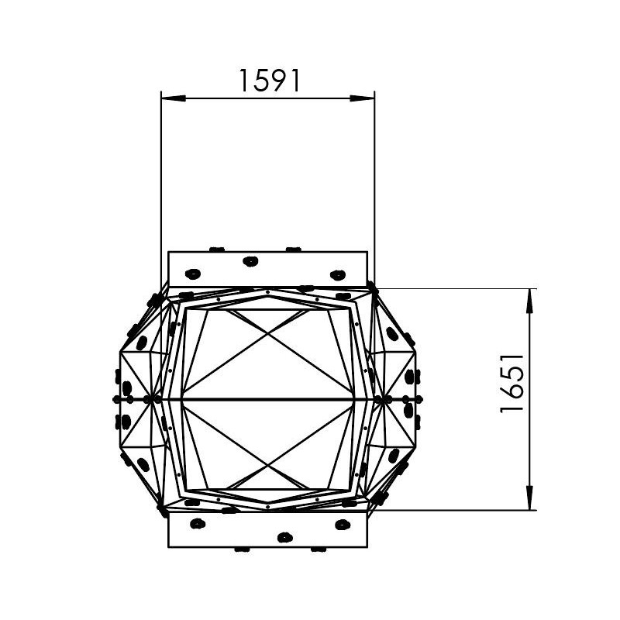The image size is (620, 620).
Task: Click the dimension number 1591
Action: (270, 81)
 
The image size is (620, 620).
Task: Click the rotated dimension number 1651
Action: (512, 384)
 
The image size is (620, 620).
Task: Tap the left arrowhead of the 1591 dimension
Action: (173, 98)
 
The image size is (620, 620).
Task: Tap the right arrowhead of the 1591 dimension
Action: (362, 98)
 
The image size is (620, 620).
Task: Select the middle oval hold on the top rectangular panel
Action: (250, 261)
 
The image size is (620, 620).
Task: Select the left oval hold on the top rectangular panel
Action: (193, 274)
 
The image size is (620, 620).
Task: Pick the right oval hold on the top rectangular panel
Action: (338, 275)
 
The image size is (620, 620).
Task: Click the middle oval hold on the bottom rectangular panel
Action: (284, 537)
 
